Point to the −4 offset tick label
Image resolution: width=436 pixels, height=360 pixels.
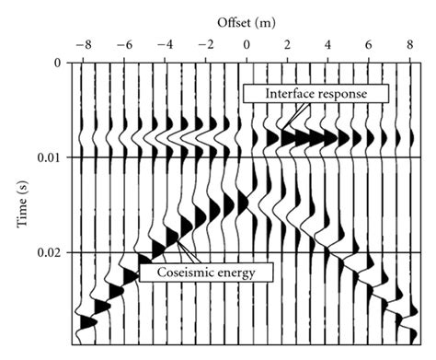[x=165, y=43]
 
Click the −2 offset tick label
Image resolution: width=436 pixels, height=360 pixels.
[x=205, y=43]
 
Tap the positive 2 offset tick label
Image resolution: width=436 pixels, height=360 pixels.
[x=287, y=43]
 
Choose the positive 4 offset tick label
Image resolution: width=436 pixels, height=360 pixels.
[x=327, y=43]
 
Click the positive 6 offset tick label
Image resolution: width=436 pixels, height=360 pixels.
[x=368, y=43]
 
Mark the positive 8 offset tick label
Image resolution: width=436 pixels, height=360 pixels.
[x=408, y=43]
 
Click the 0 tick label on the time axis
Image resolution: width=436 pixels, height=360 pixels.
[x=57, y=64]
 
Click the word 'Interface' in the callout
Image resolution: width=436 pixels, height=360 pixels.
[x=281, y=93]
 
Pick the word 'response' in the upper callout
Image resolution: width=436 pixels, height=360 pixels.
[x=347, y=94]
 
